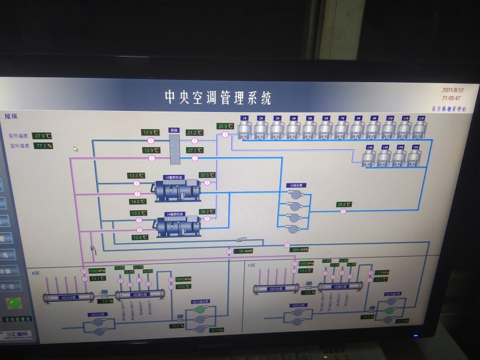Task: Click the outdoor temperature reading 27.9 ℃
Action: [42, 136]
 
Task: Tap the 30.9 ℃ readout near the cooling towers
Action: [225, 126]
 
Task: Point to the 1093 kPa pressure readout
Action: [97, 271]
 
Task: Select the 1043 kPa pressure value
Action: [183, 279]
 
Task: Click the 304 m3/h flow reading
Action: [299, 250]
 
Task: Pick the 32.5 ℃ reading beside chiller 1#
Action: [207, 175]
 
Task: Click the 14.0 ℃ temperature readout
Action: [138, 202]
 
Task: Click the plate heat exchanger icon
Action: [174, 150]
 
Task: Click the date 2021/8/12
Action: [452, 91]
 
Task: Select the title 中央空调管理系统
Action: [218, 98]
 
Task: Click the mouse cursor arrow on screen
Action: [75, 149]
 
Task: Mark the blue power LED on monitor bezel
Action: [416, 336]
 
